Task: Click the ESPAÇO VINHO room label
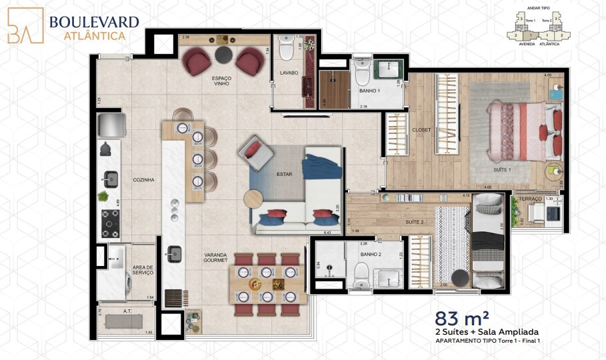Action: coord(221,81)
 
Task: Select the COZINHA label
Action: coord(143,179)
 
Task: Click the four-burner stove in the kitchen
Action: coord(109,223)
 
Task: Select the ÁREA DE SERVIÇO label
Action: coord(143,269)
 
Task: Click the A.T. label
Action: coord(127,311)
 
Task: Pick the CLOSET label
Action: coord(421,130)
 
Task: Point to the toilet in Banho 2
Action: coord(361,273)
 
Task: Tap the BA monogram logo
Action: coord(25,26)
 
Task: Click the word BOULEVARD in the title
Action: coord(94,22)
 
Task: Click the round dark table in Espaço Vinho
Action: coord(223,53)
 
